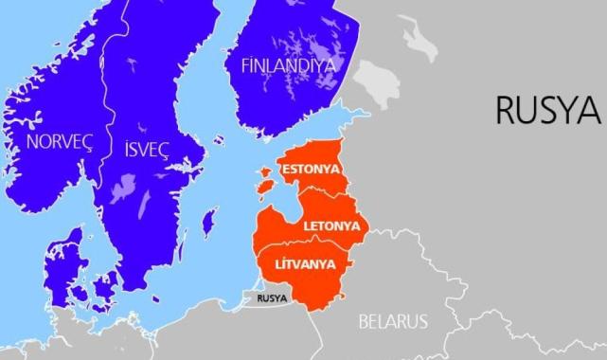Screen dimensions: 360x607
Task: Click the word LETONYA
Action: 330,228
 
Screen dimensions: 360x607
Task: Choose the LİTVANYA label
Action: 304,263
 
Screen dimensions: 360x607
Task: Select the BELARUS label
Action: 392,320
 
